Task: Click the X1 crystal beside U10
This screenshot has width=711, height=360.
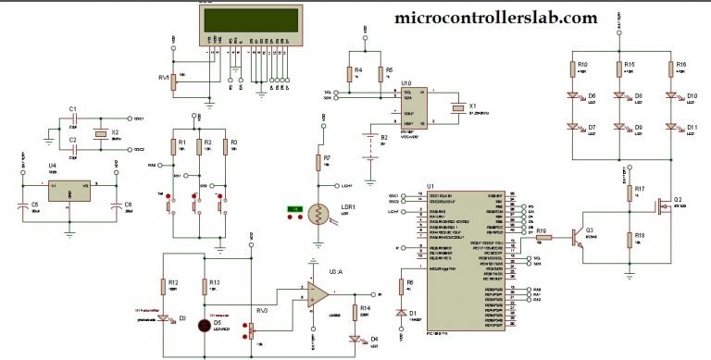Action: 455,110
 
